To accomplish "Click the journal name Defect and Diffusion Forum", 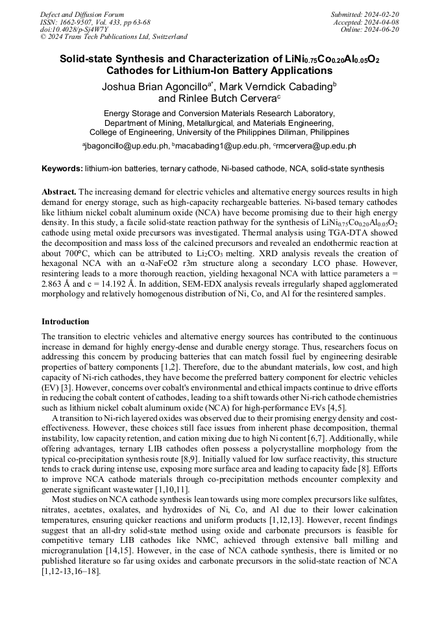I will point(82,14).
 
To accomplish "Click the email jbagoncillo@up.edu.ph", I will point(127,146).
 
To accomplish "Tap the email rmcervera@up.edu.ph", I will point(316,146).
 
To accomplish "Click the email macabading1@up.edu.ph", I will point(222,146).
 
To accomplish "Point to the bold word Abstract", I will point(58,192).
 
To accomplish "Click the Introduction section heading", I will point(66,322).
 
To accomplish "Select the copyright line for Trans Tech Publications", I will point(114,37).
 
